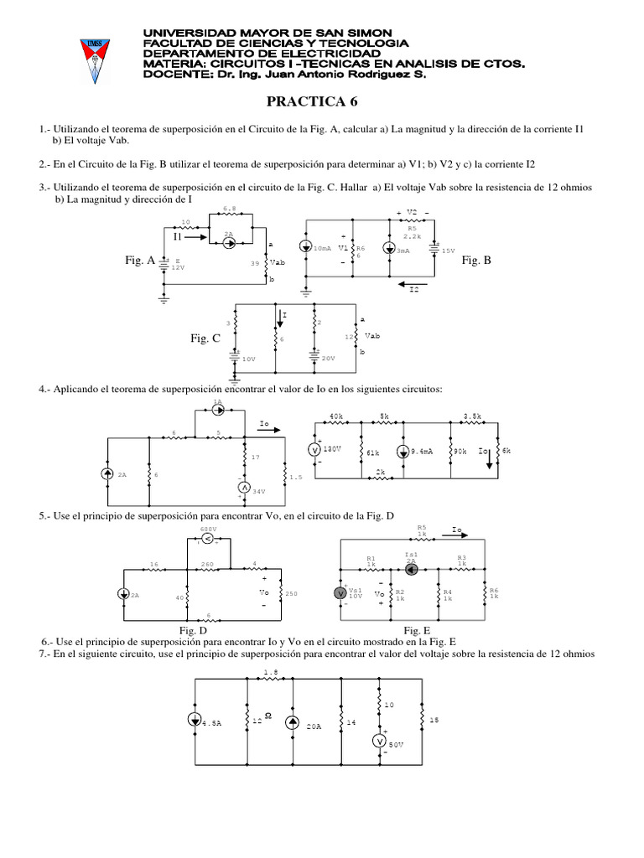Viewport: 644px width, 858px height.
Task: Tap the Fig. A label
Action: point(139,261)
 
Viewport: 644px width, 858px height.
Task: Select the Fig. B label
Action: point(476,261)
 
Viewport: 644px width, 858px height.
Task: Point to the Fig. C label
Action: point(205,338)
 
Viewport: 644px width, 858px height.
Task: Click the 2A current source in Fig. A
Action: point(229,243)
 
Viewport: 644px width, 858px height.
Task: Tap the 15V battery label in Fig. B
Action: point(448,251)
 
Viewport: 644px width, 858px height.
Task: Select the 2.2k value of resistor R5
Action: point(413,235)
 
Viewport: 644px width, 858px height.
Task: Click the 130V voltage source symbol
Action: point(316,450)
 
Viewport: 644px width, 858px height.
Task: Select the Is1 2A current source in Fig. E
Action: point(411,569)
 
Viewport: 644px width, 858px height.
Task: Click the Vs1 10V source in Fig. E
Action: point(340,592)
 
